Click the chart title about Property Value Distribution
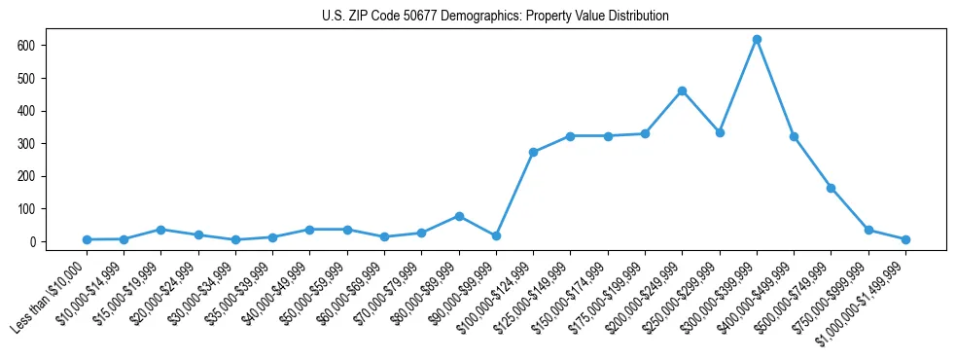click(x=495, y=16)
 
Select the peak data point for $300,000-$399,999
click(x=757, y=40)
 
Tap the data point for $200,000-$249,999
click(x=682, y=90)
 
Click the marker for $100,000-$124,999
click(x=533, y=152)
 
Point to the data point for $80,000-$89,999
click(x=459, y=216)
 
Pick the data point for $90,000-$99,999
click(x=496, y=235)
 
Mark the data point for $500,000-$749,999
click(x=831, y=188)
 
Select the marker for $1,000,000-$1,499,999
click(x=905, y=239)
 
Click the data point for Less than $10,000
click(x=87, y=239)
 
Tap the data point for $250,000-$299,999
click(x=720, y=132)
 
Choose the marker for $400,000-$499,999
click(x=794, y=136)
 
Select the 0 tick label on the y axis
click(x=32, y=241)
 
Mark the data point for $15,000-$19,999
click(x=160, y=230)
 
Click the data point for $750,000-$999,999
click(x=868, y=230)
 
